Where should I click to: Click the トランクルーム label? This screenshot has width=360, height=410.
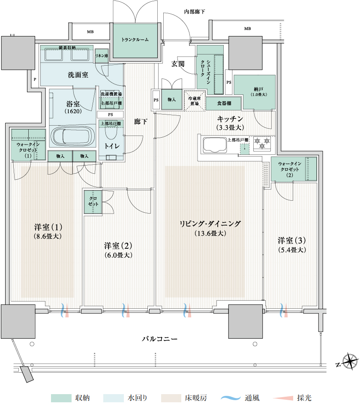(x=135, y=40)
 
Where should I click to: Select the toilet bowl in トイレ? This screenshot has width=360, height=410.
(x=111, y=133)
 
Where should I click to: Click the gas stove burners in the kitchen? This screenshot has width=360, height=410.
(x=262, y=143)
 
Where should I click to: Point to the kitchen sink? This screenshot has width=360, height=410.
(x=215, y=145)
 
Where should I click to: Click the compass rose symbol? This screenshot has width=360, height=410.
(x=350, y=362)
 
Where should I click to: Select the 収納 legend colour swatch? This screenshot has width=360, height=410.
(x=61, y=398)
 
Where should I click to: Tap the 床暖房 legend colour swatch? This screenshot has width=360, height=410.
(x=171, y=398)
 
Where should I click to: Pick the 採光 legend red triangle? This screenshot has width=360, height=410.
(x=283, y=398)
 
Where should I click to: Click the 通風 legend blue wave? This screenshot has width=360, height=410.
(x=231, y=398)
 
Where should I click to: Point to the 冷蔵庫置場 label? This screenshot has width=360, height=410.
(x=195, y=101)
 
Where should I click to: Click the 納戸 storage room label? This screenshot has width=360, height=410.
(x=258, y=91)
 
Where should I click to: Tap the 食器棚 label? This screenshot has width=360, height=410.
(x=224, y=103)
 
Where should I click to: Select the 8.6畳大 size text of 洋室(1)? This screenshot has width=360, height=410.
(x=48, y=236)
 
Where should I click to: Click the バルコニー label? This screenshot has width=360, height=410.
(x=159, y=339)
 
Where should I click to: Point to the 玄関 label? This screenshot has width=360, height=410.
(x=178, y=64)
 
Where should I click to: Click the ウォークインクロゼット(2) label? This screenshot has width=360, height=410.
(x=290, y=169)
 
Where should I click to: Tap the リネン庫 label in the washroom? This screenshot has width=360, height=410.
(x=102, y=56)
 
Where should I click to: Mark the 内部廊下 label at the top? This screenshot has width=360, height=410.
(x=195, y=12)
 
